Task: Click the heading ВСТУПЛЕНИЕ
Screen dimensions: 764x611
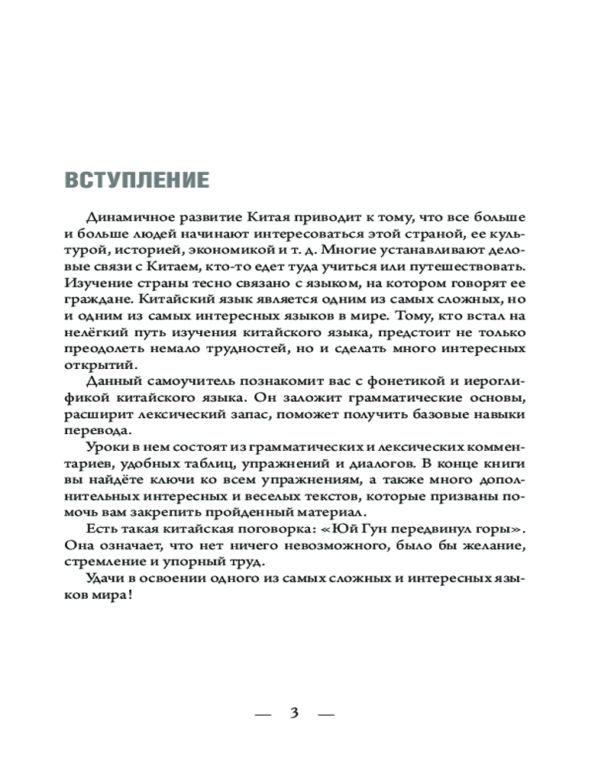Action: point(137,180)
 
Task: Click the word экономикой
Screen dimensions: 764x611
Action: point(258,251)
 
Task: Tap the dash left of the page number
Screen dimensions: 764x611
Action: point(262,714)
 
